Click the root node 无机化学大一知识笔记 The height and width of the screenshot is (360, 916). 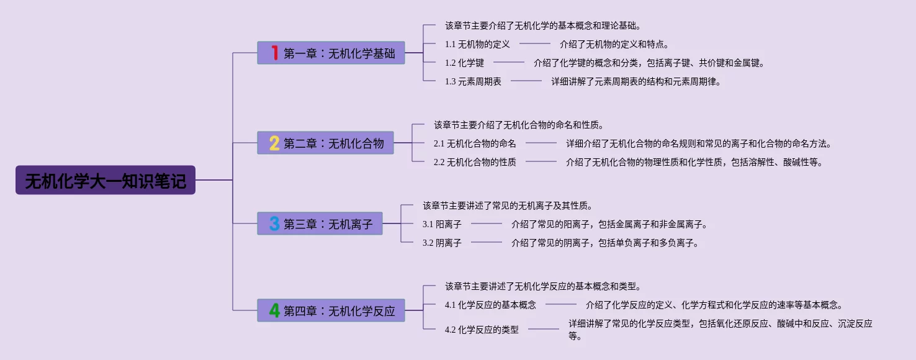coord(106,180)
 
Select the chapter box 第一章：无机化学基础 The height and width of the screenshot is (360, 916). coord(331,53)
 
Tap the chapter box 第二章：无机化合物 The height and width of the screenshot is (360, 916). coord(326,143)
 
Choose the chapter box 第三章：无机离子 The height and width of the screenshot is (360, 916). coord(320,223)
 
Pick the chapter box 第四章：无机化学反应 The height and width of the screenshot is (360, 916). coord(331,310)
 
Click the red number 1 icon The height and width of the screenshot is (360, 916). coord(274,53)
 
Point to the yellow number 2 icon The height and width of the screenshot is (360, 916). coord(274,143)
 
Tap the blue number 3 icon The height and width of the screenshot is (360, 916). coord(274,223)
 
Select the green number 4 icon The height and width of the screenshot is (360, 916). coord(274,310)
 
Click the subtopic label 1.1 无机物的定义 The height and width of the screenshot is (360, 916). coord(477,44)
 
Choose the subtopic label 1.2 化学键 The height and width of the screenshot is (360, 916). coord(464,63)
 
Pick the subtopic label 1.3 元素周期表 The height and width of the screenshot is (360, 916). coord(473,81)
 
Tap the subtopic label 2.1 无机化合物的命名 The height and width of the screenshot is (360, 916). coord(475,143)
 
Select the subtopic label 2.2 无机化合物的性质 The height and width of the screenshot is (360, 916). coord(475,162)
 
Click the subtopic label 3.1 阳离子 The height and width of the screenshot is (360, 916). coord(442,224)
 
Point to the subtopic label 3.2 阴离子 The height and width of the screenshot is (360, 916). coord(442,243)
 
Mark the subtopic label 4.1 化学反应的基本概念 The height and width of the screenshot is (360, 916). coord(490,305)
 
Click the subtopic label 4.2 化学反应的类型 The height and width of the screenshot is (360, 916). coord(482,330)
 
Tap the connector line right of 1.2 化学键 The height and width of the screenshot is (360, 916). coord(509,63)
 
